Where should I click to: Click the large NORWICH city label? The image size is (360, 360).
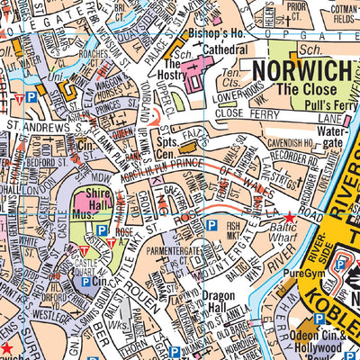(x=293, y=70)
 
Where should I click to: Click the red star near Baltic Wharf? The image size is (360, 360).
(x=289, y=218)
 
